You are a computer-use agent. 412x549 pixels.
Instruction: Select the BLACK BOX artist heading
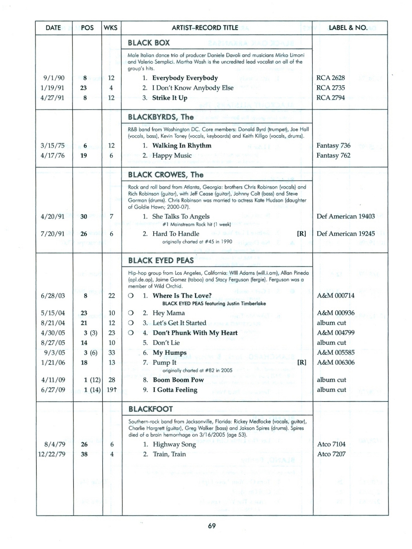[x=149, y=43]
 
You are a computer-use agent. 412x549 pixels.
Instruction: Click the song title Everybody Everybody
[x=185, y=78]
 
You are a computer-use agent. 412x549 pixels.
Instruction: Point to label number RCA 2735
[x=331, y=88]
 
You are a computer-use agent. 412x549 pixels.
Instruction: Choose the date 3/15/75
[x=52, y=146]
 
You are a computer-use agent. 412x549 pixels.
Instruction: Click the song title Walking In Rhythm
[x=182, y=146]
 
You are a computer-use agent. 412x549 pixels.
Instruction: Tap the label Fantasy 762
[x=333, y=155]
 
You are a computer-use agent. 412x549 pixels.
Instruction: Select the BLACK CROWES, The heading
[x=166, y=175]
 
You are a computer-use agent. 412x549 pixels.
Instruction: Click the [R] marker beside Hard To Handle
[x=302, y=234]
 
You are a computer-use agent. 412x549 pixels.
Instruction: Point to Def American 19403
[x=345, y=216]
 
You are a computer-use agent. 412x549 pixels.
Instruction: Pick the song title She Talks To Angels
[x=181, y=216]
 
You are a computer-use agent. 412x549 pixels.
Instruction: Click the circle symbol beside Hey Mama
[x=131, y=313]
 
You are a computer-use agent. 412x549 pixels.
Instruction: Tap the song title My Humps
[x=169, y=353]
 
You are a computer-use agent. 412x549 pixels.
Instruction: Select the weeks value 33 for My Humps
[x=112, y=353]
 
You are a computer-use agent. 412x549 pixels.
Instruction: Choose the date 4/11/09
[x=53, y=380]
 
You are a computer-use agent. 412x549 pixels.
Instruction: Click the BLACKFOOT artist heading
[x=150, y=409]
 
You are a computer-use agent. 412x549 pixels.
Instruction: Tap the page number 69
[x=212, y=526]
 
